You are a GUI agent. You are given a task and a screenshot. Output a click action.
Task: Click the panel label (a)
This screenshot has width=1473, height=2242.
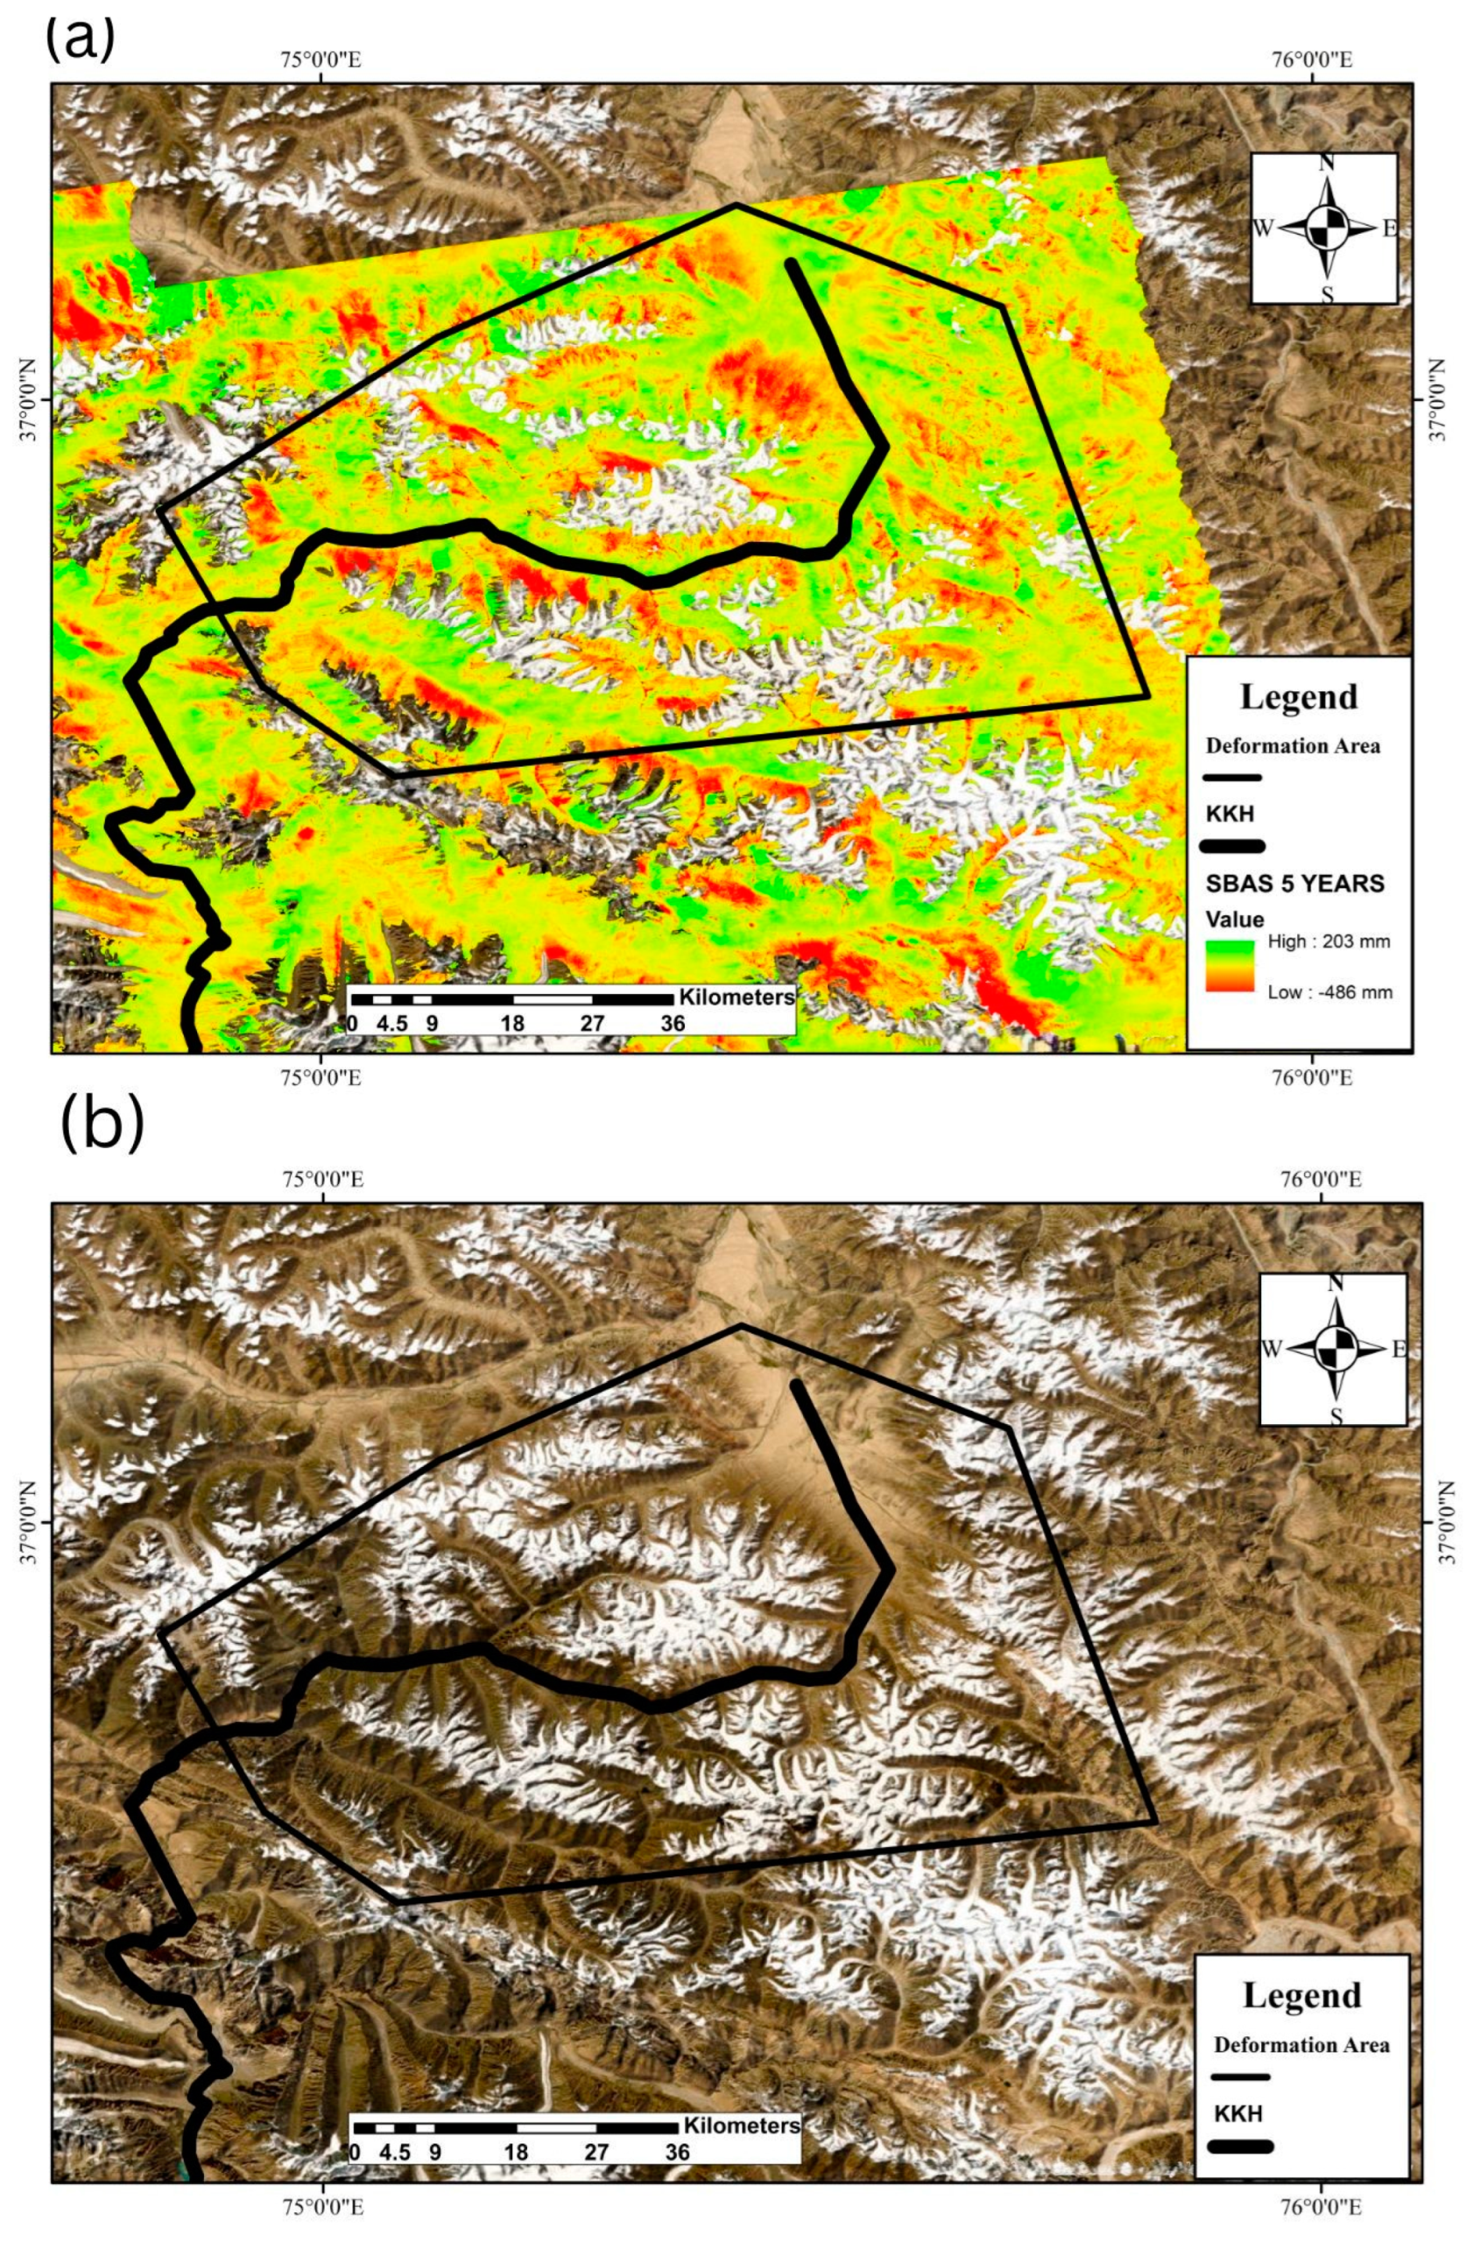coord(80,38)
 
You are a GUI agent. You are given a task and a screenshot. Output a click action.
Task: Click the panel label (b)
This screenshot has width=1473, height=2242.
coord(102,1126)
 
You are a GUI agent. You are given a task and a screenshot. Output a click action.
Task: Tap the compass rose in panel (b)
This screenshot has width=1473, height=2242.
coord(1334,1348)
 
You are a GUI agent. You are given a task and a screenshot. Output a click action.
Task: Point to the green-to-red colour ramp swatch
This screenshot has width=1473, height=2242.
coord(1229,966)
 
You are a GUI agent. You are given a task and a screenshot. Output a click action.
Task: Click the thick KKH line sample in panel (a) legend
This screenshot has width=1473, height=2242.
coord(1233,845)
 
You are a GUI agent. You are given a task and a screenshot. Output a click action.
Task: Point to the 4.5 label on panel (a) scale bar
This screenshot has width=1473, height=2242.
coord(392,1023)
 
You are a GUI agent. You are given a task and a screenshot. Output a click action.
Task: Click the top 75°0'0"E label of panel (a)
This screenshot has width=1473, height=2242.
coord(321,61)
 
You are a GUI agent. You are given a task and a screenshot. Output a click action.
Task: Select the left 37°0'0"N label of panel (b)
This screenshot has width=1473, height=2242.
coord(29,1523)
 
